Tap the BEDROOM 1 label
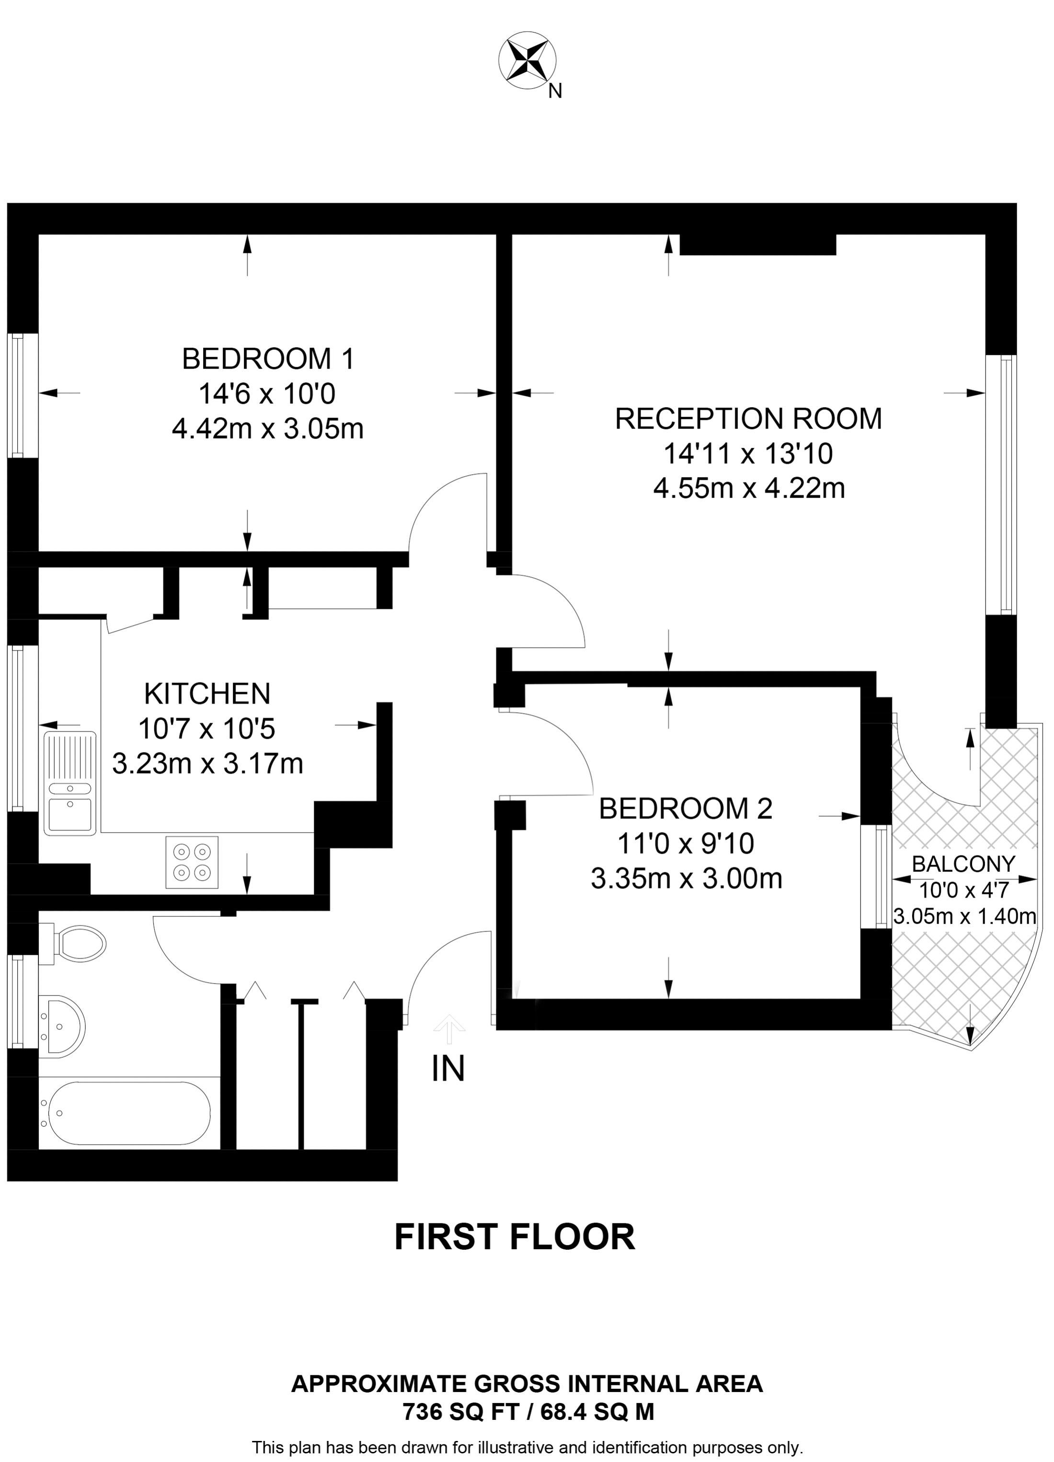click(268, 359)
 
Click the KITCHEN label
click(207, 694)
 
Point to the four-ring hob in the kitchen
click(192, 862)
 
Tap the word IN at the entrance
click(448, 1069)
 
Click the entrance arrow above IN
click(449, 1028)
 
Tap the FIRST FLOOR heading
click(515, 1236)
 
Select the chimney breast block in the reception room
click(757, 245)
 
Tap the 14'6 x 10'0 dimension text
click(267, 394)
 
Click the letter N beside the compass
click(555, 91)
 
